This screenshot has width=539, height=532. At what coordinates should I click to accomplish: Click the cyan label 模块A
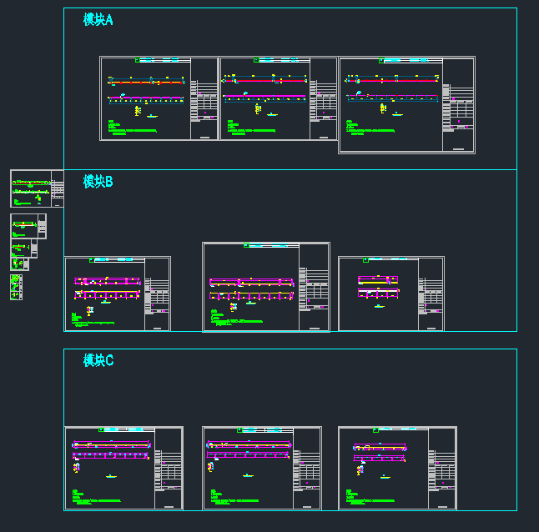click(x=98, y=19)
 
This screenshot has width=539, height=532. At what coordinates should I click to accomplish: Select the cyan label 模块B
click(x=98, y=181)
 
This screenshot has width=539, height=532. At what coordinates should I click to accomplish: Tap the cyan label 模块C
click(x=98, y=360)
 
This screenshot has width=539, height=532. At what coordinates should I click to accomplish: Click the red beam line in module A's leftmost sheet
click(x=147, y=83)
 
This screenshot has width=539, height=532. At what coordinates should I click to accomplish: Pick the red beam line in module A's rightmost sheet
click(x=391, y=80)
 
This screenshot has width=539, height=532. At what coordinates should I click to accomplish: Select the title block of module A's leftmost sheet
click(x=204, y=108)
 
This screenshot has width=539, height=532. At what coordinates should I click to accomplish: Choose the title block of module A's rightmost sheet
click(x=458, y=113)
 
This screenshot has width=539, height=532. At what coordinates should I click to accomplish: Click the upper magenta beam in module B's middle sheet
click(x=250, y=281)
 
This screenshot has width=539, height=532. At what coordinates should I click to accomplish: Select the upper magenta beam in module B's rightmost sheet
click(x=378, y=279)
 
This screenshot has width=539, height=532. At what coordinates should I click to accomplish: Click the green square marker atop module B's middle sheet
click(x=246, y=246)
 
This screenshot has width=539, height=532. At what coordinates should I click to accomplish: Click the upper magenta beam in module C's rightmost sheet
click(x=380, y=446)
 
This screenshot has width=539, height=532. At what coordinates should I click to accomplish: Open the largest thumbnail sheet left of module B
click(x=36, y=188)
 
